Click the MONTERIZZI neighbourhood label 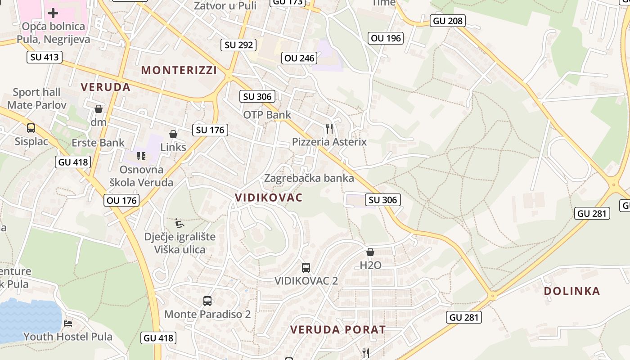tap(179, 70)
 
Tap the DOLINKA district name tap(572, 291)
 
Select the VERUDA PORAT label tap(338, 330)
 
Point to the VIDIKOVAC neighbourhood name tap(269, 198)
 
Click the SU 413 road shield tap(44, 57)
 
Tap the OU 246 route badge tap(300, 58)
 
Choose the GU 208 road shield tap(447, 21)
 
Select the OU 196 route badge tap(385, 38)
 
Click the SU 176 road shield tap(210, 130)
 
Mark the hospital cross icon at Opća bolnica tap(53, 13)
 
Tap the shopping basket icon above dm tap(99, 109)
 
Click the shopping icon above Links tap(173, 134)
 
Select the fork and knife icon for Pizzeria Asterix tap(329, 129)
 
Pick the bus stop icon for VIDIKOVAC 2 tap(306, 268)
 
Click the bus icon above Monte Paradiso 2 tap(207, 301)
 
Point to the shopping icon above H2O tap(370, 252)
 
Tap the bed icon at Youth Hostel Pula tap(68, 323)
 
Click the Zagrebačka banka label tap(309, 178)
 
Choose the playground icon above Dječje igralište tap(180, 223)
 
